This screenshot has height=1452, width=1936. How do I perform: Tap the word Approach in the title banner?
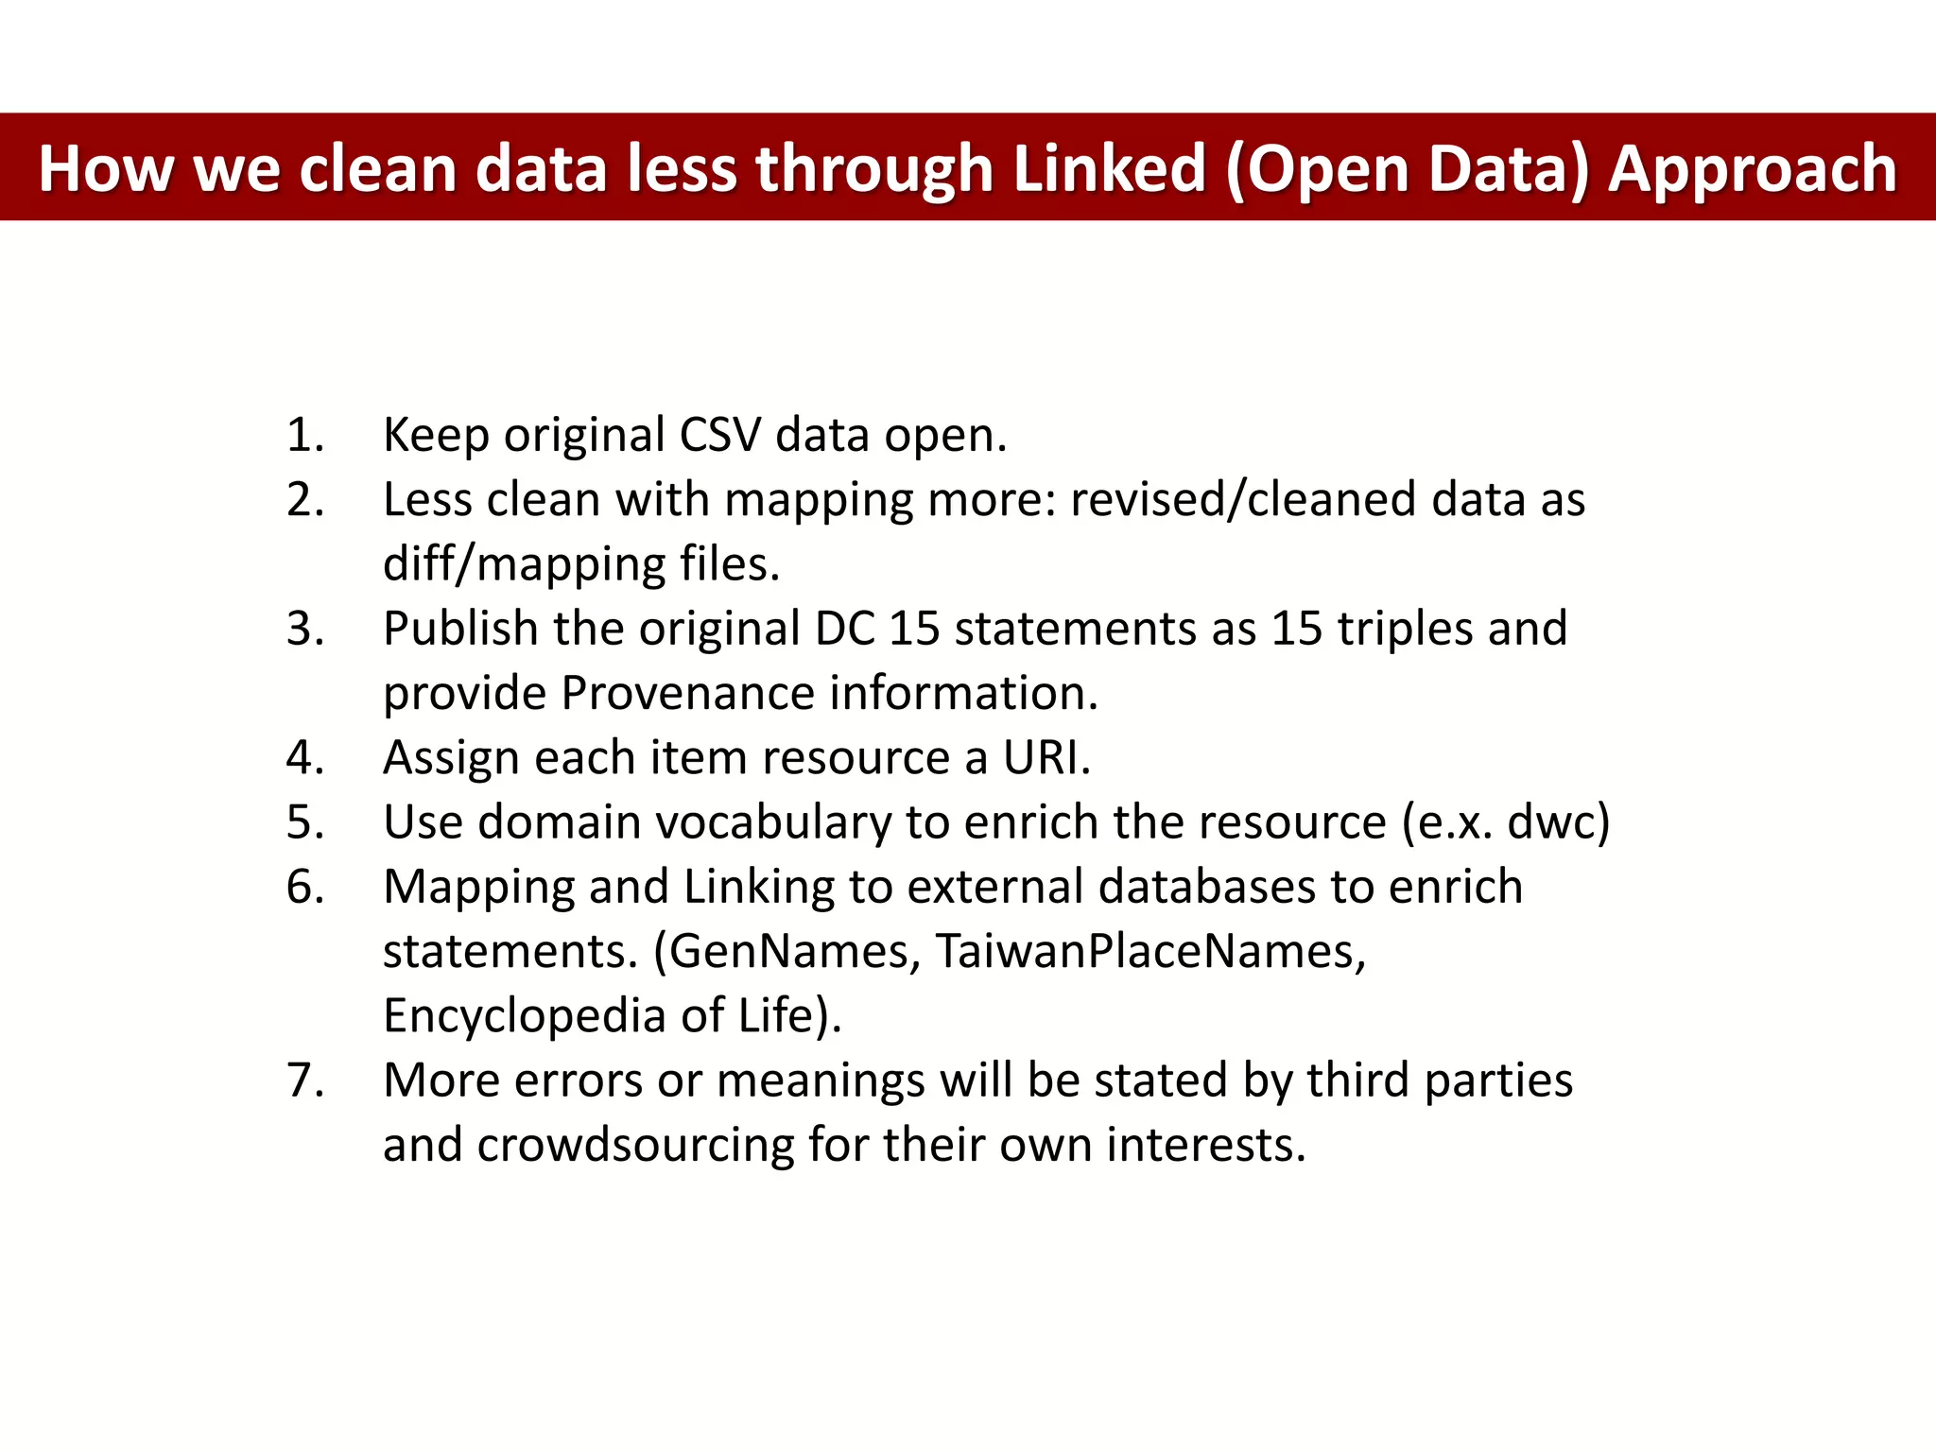1753,169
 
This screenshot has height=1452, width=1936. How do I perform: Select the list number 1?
304,436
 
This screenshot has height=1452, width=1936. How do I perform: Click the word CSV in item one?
720,436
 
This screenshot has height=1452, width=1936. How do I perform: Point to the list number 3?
304,630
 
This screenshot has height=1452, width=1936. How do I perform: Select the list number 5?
304,822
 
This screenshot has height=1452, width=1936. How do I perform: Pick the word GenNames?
794,951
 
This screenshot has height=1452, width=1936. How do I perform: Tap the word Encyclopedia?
525,1016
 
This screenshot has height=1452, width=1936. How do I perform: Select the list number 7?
304,1080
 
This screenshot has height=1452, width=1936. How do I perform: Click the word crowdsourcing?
635,1146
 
